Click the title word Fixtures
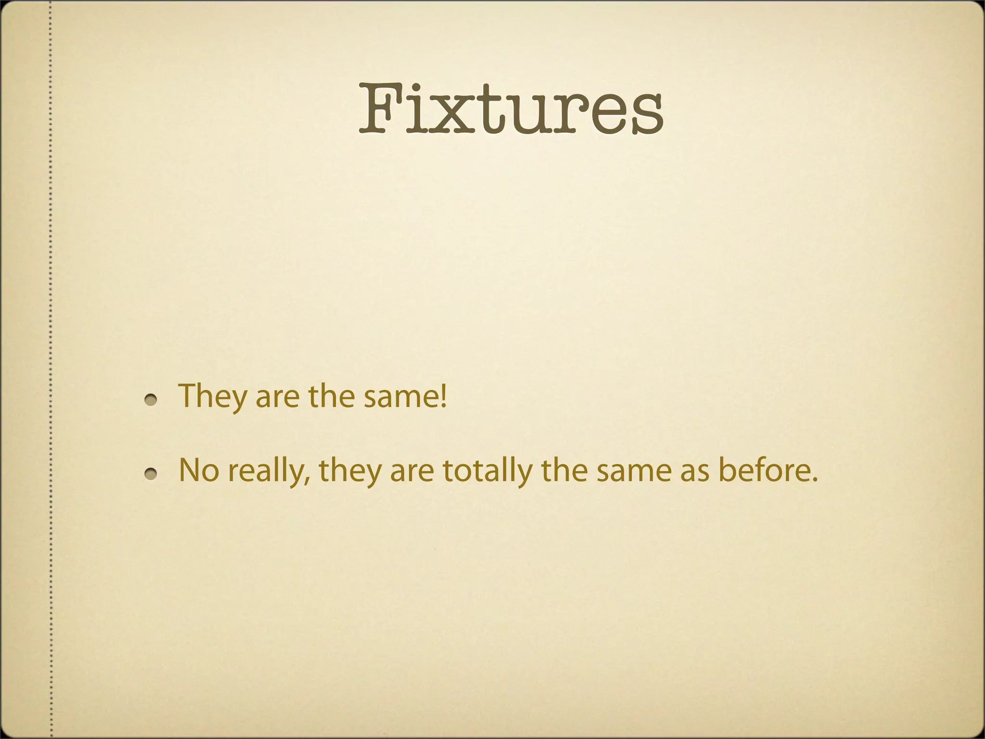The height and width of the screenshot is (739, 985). click(511, 110)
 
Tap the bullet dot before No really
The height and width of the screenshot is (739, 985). click(152, 474)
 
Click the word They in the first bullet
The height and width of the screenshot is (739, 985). click(212, 396)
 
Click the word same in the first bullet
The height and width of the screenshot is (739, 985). click(399, 398)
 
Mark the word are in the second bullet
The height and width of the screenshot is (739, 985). click(411, 473)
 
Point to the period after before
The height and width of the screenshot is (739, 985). click(814, 480)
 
